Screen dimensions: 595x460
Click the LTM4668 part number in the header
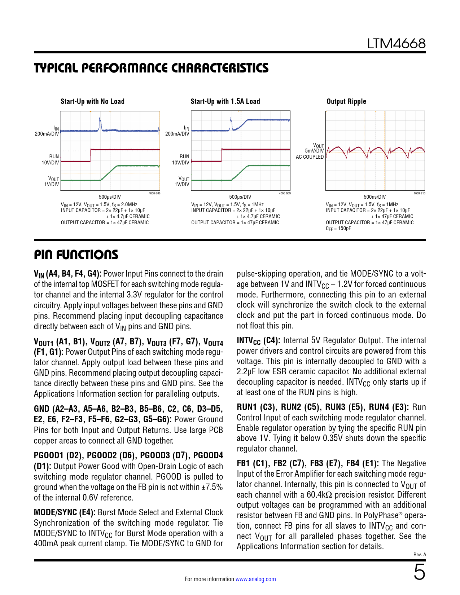(x=396, y=44)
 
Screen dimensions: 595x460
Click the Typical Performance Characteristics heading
(x=151, y=68)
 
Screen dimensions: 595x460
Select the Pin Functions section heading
(x=76, y=255)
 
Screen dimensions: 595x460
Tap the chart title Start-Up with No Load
(x=92, y=102)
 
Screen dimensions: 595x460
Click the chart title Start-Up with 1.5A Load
(x=225, y=102)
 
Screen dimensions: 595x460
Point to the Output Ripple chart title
(x=346, y=102)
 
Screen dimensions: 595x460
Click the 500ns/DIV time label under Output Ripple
(x=374, y=197)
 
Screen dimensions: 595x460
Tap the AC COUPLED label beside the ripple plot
(x=310, y=157)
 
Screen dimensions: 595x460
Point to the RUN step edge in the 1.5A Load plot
(x=221, y=155)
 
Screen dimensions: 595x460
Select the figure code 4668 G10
(x=419, y=194)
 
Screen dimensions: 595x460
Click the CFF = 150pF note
(x=338, y=229)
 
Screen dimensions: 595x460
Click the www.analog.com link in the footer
(x=255, y=579)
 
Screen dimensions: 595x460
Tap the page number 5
(x=419, y=573)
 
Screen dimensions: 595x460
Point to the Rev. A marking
(x=420, y=555)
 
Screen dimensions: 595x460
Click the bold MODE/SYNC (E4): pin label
(x=65, y=512)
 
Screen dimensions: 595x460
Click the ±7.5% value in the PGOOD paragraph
(x=212, y=487)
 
